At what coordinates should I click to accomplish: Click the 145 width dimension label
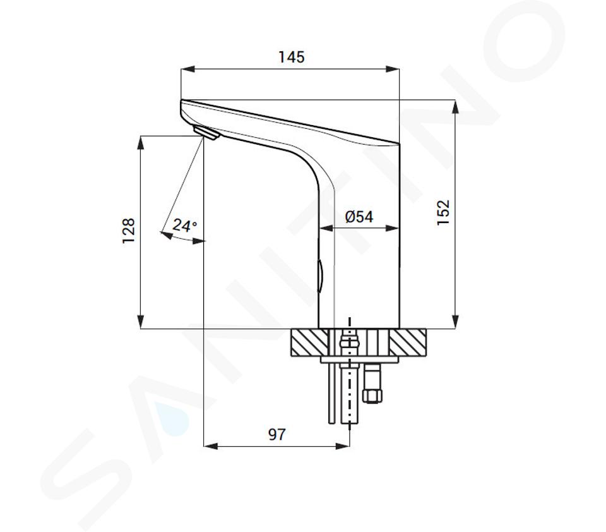tap(292, 57)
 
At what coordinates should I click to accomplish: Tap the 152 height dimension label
tap(443, 212)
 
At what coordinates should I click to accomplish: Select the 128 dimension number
tap(129, 231)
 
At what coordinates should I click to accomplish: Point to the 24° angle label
tap(184, 225)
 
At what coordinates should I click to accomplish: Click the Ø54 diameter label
tap(359, 217)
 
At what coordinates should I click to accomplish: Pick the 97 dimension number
tap(276, 435)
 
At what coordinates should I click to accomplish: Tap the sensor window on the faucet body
tap(320, 275)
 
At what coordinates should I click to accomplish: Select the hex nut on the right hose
tap(372, 396)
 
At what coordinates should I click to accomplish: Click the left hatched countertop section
tap(309, 342)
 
